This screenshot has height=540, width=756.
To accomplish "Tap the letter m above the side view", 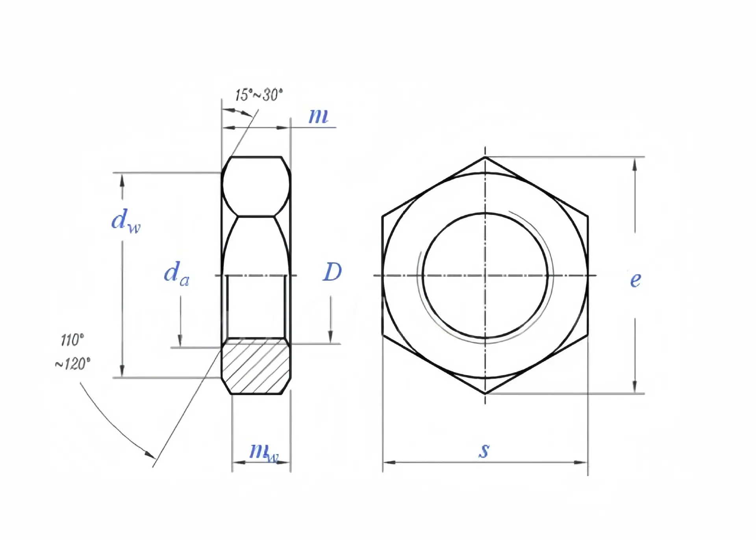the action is (x=318, y=116).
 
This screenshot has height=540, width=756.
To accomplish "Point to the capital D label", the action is (x=332, y=272).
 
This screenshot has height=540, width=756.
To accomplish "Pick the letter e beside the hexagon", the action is (x=636, y=280).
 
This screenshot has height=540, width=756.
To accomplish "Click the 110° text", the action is (x=72, y=340).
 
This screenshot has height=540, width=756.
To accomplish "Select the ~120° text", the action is (x=72, y=364).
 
